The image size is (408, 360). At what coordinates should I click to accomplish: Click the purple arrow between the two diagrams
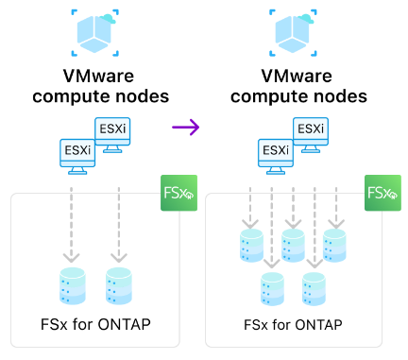point(186,128)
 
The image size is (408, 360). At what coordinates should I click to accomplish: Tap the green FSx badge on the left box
point(178,193)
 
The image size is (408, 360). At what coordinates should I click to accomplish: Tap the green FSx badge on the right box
point(382,193)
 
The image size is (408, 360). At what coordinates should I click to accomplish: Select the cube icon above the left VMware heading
point(95,33)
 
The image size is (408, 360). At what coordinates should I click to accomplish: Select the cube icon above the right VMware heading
point(293,33)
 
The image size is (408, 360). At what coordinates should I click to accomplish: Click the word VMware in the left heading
point(98,77)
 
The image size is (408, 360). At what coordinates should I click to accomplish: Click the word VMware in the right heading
point(297,77)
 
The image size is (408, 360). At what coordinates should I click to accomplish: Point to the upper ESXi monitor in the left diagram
point(112,135)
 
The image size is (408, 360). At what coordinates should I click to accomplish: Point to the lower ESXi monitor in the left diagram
point(77,157)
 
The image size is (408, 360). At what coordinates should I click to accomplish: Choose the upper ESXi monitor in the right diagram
point(311,135)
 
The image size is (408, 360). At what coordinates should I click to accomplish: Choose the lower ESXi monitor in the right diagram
point(276,157)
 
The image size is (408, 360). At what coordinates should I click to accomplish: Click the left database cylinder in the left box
point(73,286)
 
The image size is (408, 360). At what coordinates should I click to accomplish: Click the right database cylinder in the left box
point(119,286)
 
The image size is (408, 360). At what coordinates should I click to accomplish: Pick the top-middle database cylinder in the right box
point(293,246)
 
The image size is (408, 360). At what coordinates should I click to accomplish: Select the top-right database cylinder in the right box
point(334,246)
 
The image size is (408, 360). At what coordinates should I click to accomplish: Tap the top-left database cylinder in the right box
point(251,246)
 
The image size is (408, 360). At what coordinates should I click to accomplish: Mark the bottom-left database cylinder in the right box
point(272,289)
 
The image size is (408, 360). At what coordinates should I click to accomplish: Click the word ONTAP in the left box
point(125,324)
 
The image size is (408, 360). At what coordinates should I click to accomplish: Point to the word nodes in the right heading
point(338,96)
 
